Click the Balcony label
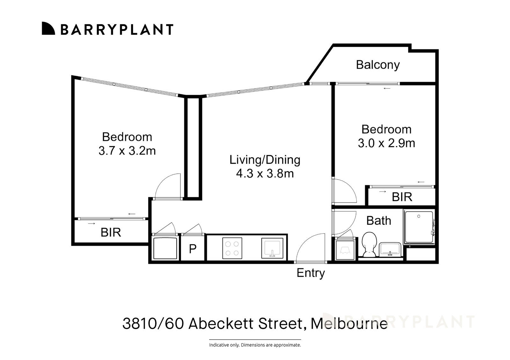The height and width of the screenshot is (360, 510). click(x=378, y=65)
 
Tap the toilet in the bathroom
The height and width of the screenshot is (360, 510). click(x=369, y=245)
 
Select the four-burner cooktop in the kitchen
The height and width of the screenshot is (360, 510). click(x=232, y=248)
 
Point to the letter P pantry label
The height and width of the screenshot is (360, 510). click(x=193, y=249)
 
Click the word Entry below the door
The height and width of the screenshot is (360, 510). click(x=310, y=273)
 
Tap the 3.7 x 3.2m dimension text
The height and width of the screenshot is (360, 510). click(x=127, y=151)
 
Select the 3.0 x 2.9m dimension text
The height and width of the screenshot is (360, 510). click(x=386, y=143)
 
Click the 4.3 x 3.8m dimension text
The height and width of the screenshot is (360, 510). click(x=265, y=174)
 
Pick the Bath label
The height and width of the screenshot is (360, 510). click(x=378, y=220)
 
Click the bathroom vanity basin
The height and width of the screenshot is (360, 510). click(x=390, y=249)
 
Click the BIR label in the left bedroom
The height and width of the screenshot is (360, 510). click(x=111, y=233)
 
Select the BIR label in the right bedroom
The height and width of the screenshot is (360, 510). click(x=402, y=197)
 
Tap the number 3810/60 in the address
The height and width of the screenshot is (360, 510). click(x=153, y=324)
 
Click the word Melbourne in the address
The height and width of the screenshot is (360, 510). click(x=349, y=324)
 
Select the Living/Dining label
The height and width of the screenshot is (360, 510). click(x=265, y=160)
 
